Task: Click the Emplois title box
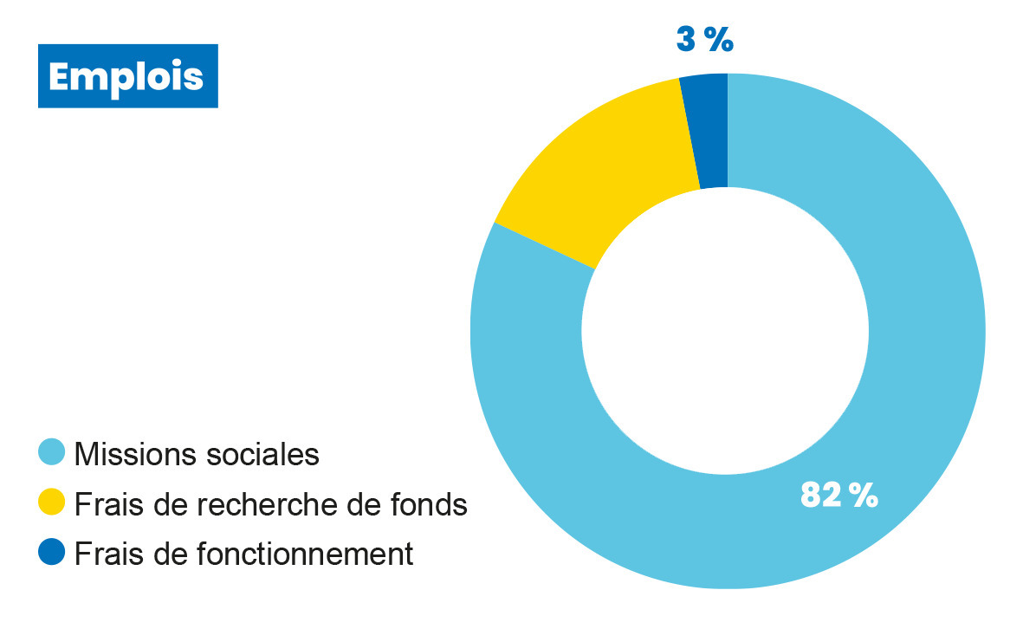[127, 76]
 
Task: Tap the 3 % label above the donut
[704, 40]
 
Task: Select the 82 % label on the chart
[838, 495]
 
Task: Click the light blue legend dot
[53, 451]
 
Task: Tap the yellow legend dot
[53, 502]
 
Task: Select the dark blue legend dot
[53, 552]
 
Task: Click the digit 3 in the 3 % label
[686, 40]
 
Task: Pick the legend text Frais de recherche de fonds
[271, 503]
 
